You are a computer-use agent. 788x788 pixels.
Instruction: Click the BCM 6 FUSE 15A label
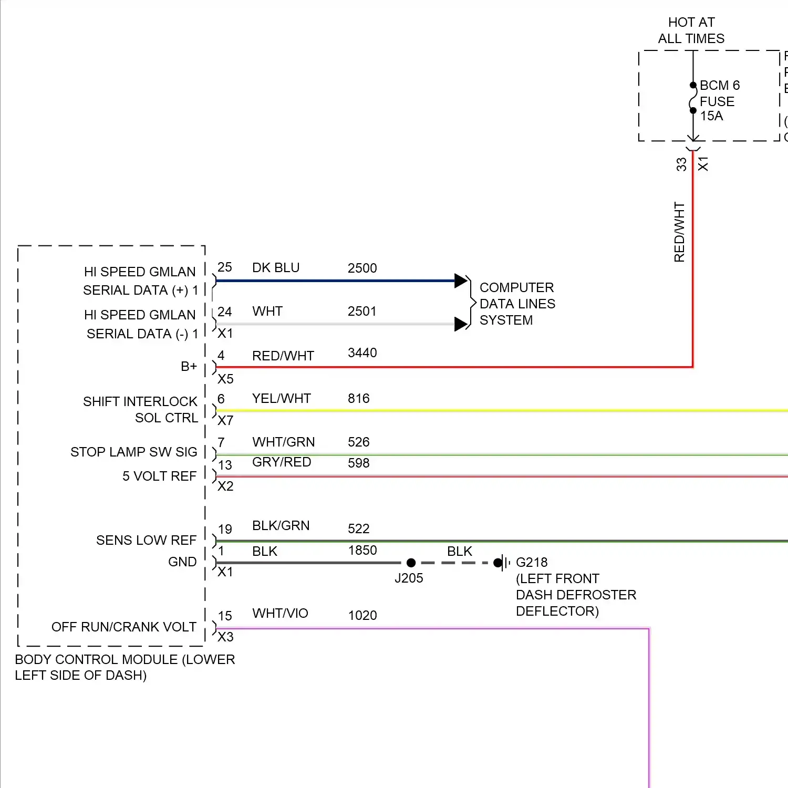pos(719,100)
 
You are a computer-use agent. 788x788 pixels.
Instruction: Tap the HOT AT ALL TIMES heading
pos(691,30)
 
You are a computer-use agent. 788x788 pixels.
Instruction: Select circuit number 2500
pos(362,268)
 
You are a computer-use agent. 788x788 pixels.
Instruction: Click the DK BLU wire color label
pos(276,267)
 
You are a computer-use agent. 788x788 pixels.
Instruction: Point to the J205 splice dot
pos(411,563)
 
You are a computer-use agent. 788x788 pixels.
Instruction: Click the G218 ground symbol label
pos(532,562)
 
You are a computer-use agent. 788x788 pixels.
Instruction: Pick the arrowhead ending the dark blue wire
pos(461,281)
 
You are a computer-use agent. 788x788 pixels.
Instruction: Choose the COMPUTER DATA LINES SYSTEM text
pos(517,304)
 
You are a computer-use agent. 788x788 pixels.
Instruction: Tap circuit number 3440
pos(362,352)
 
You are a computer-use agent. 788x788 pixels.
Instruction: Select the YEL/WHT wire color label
pos(282,398)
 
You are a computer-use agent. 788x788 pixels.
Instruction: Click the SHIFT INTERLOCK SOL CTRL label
pos(140,409)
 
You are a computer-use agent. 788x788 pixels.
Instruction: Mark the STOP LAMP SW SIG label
pos(134,452)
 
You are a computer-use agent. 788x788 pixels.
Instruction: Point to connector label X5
pos(225,379)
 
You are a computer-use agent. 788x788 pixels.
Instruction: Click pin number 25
pos(225,267)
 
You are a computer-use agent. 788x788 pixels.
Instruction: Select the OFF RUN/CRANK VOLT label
pos(124,627)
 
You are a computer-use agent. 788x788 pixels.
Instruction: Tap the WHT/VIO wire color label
pos(280,613)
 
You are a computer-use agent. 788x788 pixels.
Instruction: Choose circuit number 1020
pos(362,615)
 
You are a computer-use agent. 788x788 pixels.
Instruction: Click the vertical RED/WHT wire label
pos(679,232)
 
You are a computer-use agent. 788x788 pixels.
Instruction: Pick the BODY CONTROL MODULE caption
pos(125,667)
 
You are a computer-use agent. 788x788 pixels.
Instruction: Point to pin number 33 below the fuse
pos(681,164)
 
